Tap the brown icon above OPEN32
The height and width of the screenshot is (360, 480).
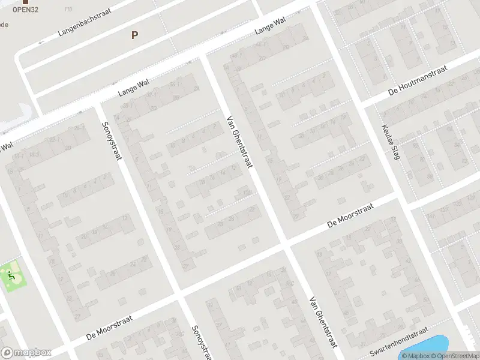point(25,2)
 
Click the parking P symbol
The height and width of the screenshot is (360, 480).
point(134,35)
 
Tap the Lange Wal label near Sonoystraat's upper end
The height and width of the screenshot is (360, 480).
point(133,88)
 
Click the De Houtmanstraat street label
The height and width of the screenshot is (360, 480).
point(418,81)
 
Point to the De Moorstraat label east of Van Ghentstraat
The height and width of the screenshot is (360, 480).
point(351,214)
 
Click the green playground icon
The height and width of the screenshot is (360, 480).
point(11,276)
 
